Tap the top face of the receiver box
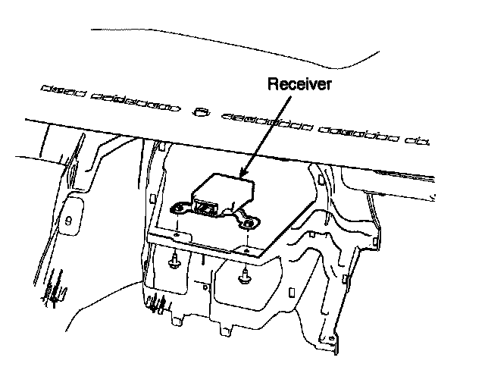point(224,185)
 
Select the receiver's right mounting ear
point(249,222)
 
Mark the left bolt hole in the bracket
point(177,236)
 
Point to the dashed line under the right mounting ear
point(248,237)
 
